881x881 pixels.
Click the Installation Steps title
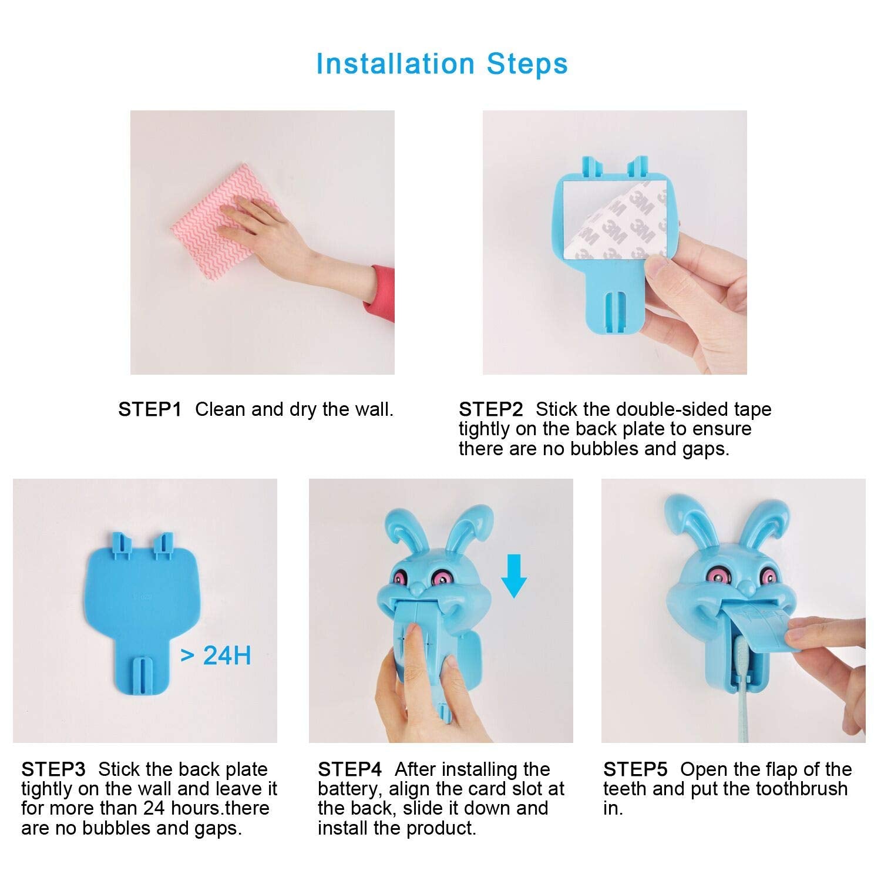pos(442,63)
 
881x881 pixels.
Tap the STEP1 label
pos(150,409)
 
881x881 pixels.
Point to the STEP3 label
pos(53,769)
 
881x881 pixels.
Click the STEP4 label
pos(349,769)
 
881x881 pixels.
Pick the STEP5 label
pos(635,769)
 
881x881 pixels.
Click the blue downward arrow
pos(514,577)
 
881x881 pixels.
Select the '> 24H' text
pos(216,655)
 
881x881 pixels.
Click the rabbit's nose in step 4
pos(418,586)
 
